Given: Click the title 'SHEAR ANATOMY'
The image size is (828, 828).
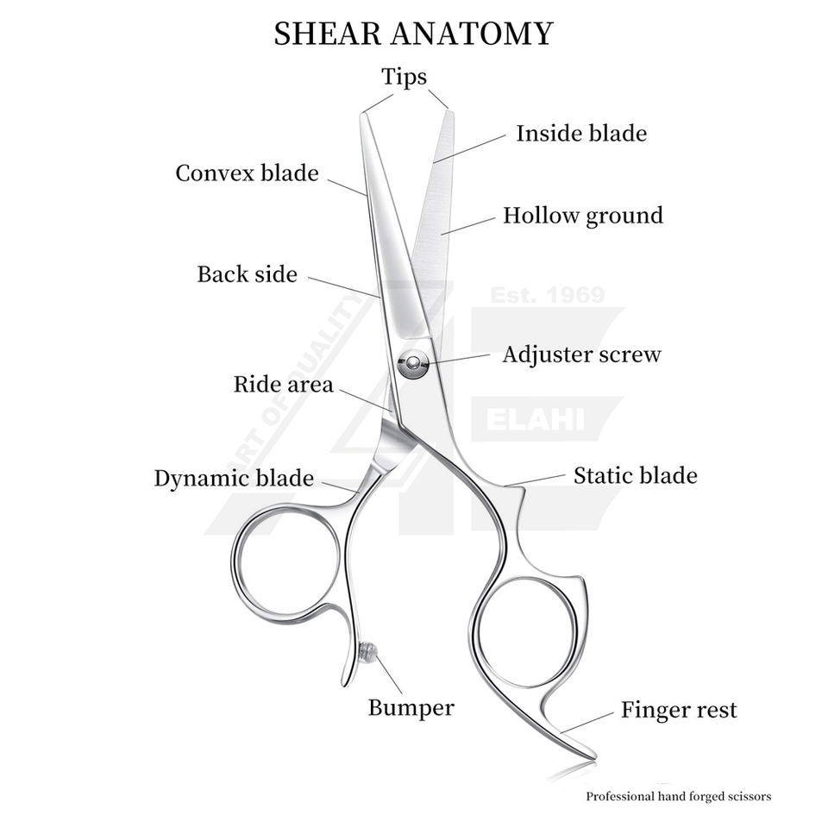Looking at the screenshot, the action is (x=413, y=34).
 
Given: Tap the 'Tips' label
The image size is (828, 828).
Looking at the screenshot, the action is (x=405, y=77).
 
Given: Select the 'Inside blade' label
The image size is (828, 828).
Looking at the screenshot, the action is (x=581, y=134).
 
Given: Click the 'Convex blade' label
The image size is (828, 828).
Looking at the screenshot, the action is (x=247, y=173).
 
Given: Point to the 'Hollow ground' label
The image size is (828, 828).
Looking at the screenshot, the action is (x=583, y=216).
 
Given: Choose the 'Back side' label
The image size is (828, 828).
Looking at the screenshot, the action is (x=247, y=275).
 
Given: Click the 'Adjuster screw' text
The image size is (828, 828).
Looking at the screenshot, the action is (x=581, y=354).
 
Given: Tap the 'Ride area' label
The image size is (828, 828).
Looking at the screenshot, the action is (x=283, y=385).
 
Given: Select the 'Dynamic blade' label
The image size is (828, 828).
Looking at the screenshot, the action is (x=234, y=479).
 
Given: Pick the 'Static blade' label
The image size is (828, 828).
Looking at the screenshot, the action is (x=636, y=475).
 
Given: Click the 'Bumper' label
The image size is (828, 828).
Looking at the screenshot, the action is (x=411, y=709).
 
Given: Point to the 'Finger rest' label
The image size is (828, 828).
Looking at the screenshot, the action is (x=680, y=711).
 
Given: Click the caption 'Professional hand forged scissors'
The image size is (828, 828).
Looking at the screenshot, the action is (x=679, y=797).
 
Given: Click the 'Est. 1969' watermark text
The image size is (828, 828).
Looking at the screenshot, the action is (x=547, y=296).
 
